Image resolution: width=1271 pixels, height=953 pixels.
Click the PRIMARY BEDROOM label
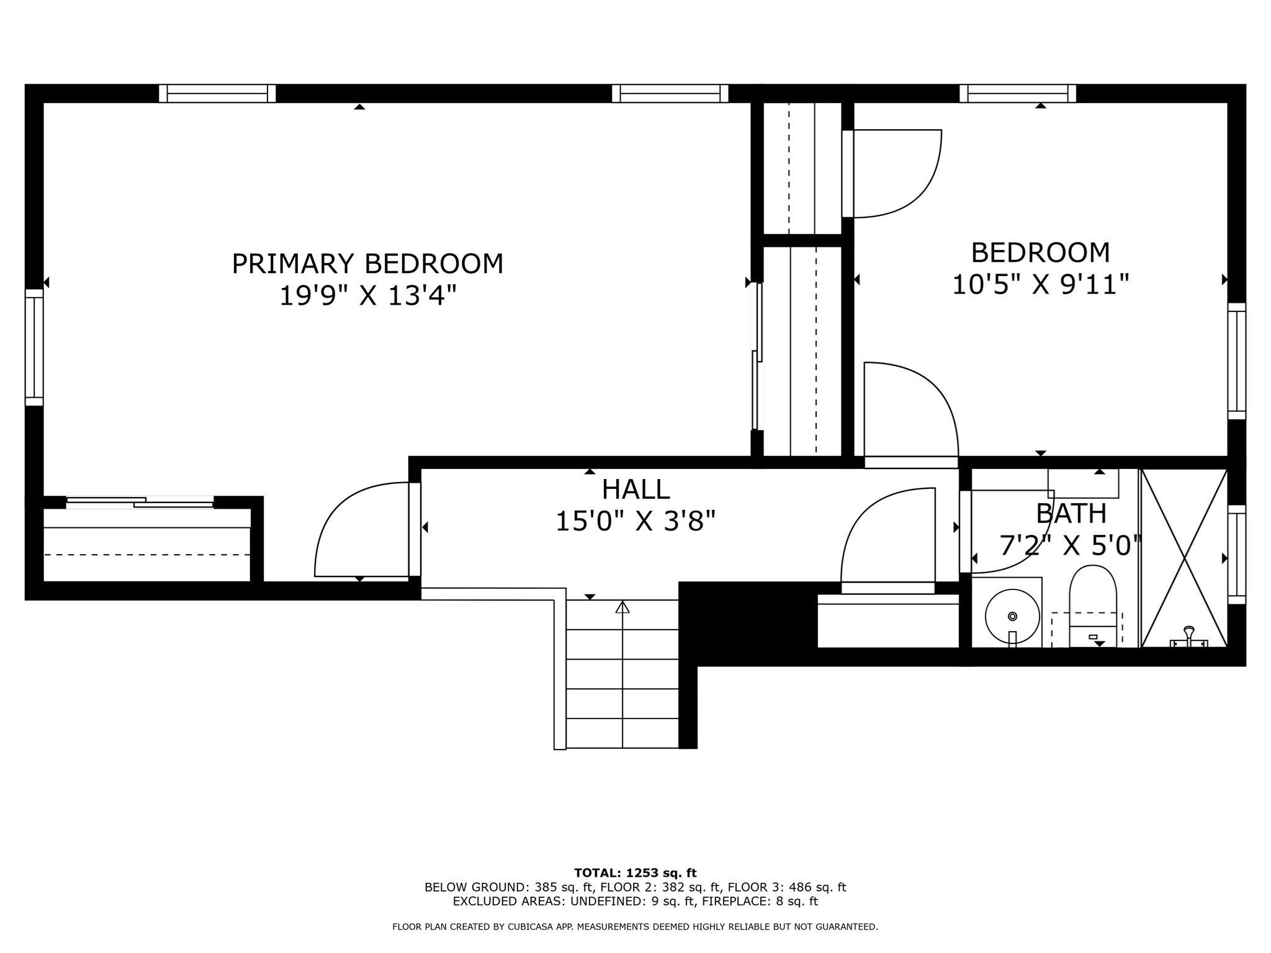pyautogui.click(x=367, y=264)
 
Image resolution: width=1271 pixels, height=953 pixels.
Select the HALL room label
pyautogui.click(x=635, y=490)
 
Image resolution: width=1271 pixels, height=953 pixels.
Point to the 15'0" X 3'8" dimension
pyautogui.click(x=635, y=522)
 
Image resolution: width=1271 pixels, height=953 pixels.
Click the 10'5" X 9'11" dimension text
pyautogui.click(x=1040, y=285)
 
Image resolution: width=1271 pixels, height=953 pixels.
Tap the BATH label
pyautogui.click(x=1071, y=514)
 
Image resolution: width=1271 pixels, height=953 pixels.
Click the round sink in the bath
pyautogui.click(x=1012, y=616)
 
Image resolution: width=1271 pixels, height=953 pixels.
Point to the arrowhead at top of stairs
pyautogui.click(x=622, y=607)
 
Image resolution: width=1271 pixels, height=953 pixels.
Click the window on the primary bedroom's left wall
pyautogui.click(x=34, y=347)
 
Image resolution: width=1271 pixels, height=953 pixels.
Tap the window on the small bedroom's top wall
pyautogui.click(x=1018, y=93)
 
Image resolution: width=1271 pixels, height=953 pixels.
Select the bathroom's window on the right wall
pyautogui.click(x=1237, y=555)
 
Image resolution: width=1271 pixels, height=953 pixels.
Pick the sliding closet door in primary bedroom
pyautogui.click(x=140, y=502)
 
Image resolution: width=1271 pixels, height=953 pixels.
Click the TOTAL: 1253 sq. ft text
pyautogui.click(x=635, y=873)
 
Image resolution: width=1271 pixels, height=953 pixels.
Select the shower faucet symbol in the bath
pyautogui.click(x=1189, y=638)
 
